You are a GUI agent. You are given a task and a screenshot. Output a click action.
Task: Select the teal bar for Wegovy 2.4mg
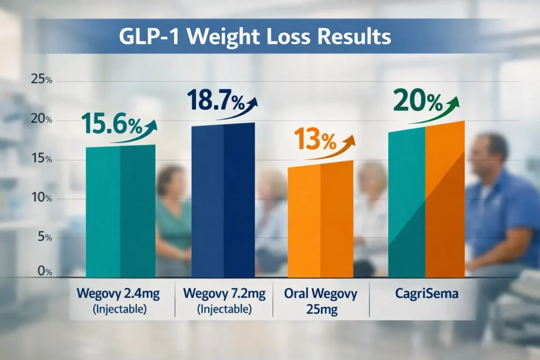(120, 211)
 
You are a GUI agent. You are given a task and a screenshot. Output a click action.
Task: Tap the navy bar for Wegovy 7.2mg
(223, 200)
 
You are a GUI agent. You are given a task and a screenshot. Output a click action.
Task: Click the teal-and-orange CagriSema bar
(426, 200)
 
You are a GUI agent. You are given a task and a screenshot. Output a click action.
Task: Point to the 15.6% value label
(112, 125)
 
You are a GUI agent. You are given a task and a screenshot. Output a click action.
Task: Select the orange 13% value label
(314, 140)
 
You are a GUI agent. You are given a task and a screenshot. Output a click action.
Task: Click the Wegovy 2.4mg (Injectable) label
(120, 300)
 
